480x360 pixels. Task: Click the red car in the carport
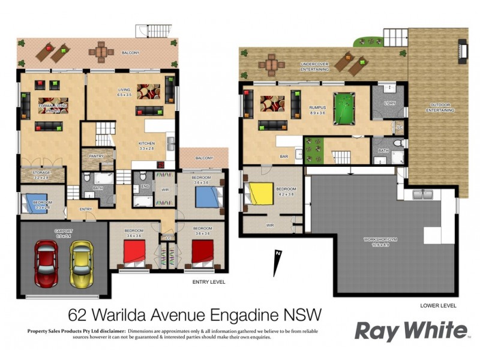point(46,264)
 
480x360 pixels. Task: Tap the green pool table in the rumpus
point(344,112)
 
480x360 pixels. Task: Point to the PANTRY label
point(96,156)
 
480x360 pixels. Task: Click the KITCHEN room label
point(147,145)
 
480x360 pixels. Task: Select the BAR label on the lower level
point(284,157)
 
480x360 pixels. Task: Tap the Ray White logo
point(410,331)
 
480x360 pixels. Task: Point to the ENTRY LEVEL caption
point(209,281)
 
